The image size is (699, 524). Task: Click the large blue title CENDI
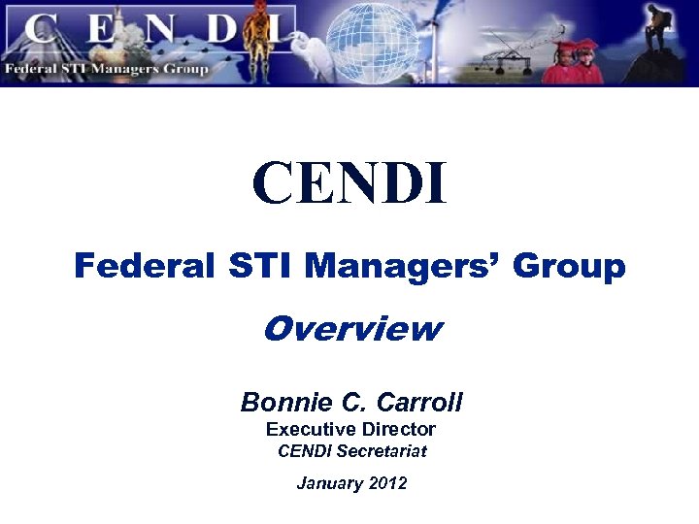coord(349,184)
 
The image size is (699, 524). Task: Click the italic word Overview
coord(351,330)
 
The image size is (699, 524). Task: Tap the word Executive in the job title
coord(308,429)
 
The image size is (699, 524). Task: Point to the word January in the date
coord(328,482)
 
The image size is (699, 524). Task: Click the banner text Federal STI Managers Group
coord(106,69)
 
